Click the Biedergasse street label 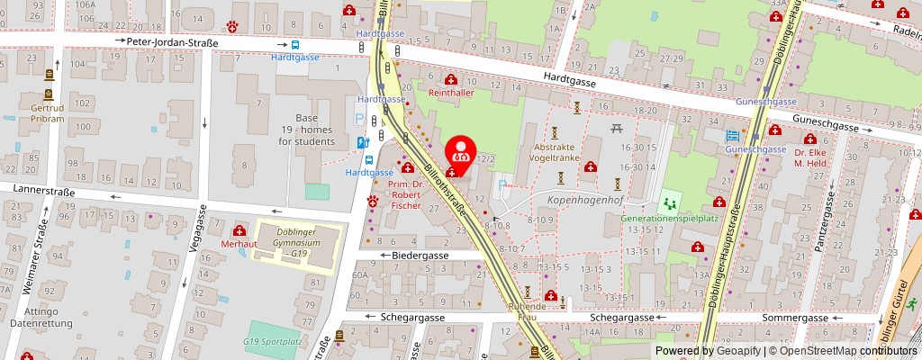[x=419, y=256]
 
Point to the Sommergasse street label [x=797, y=318]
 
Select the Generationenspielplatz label [x=669, y=217]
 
